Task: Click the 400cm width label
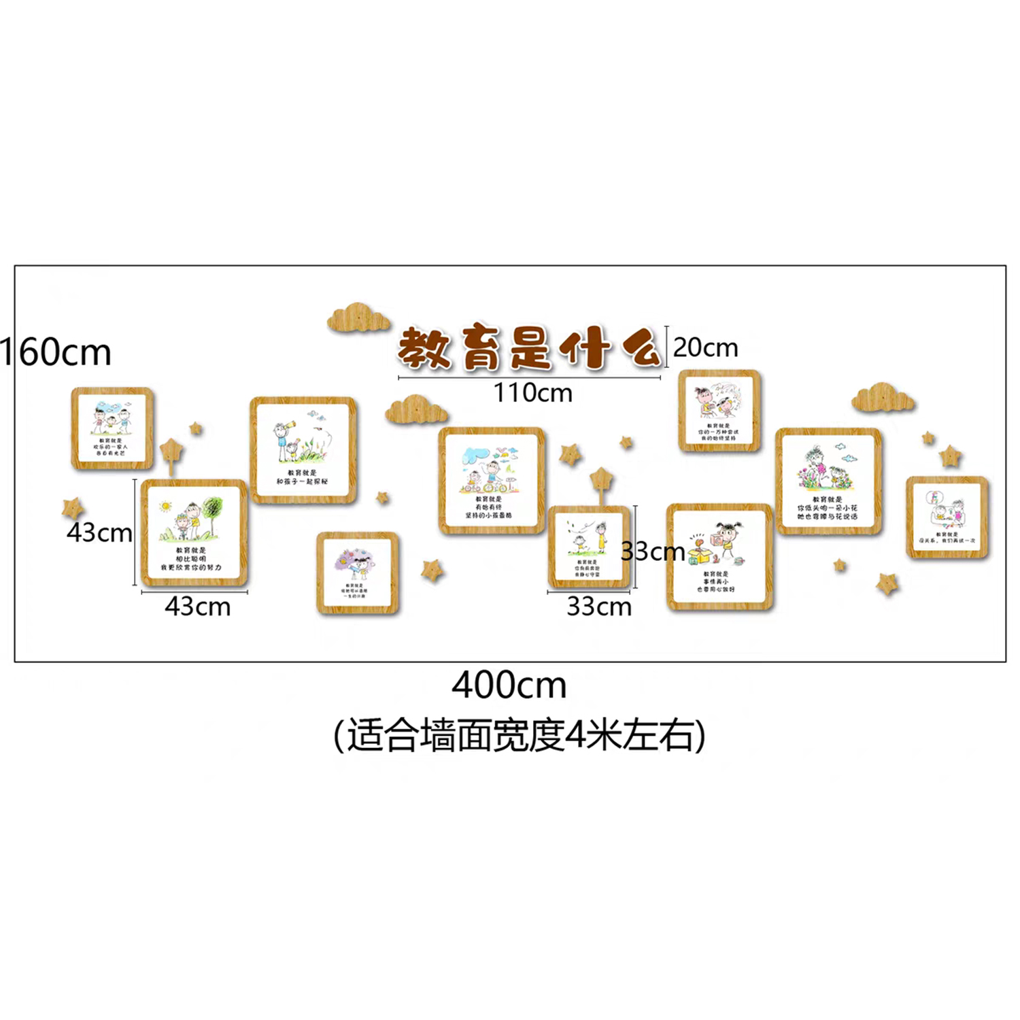click(x=509, y=685)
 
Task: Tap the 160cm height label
click(x=56, y=352)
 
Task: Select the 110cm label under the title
click(x=532, y=393)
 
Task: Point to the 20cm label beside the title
click(x=705, y=347)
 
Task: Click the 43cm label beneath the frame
click(x=197, y=607)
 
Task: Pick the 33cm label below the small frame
click(x=599, y=607)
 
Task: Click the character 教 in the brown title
click(x=424, y=348)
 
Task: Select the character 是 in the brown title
click(x=530, y=348)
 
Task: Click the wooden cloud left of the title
click(x=358, y=318)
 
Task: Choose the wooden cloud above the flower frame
click(x=883, y=398)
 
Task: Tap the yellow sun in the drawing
click(x=165, y=507)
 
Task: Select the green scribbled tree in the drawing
click(x=212, y=508)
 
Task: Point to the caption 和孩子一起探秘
click(x=302, y=481)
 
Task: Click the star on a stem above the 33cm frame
click(x=601, y=479)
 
